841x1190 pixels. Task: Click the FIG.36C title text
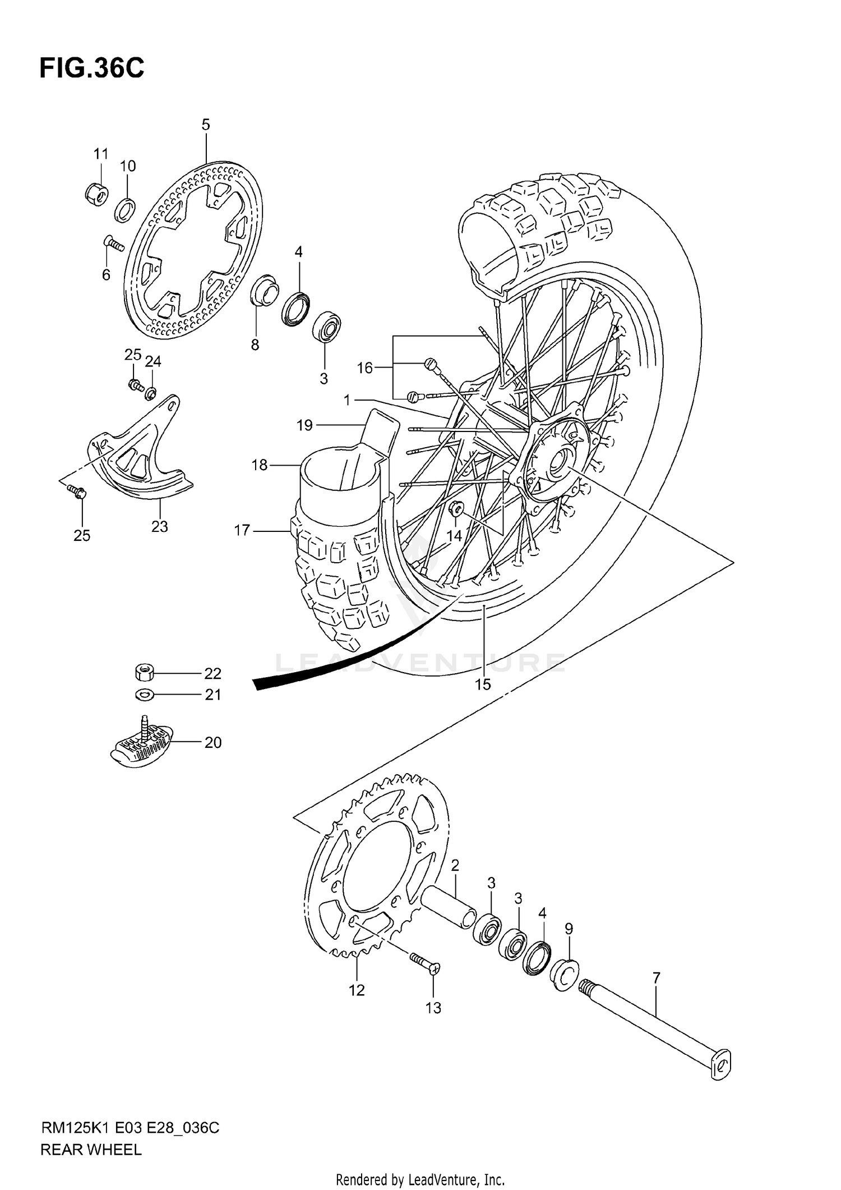(91, 68)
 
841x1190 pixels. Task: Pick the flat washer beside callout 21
(145, 695)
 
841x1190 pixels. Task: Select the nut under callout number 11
(96, 194)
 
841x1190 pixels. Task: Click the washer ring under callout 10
(125, 209)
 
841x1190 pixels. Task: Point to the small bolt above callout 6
(114, 244)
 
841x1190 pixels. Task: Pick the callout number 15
(482, 684)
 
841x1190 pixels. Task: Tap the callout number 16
(365, 368)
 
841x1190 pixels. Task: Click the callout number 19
(304, 426)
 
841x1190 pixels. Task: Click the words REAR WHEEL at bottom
(91, 1150)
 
